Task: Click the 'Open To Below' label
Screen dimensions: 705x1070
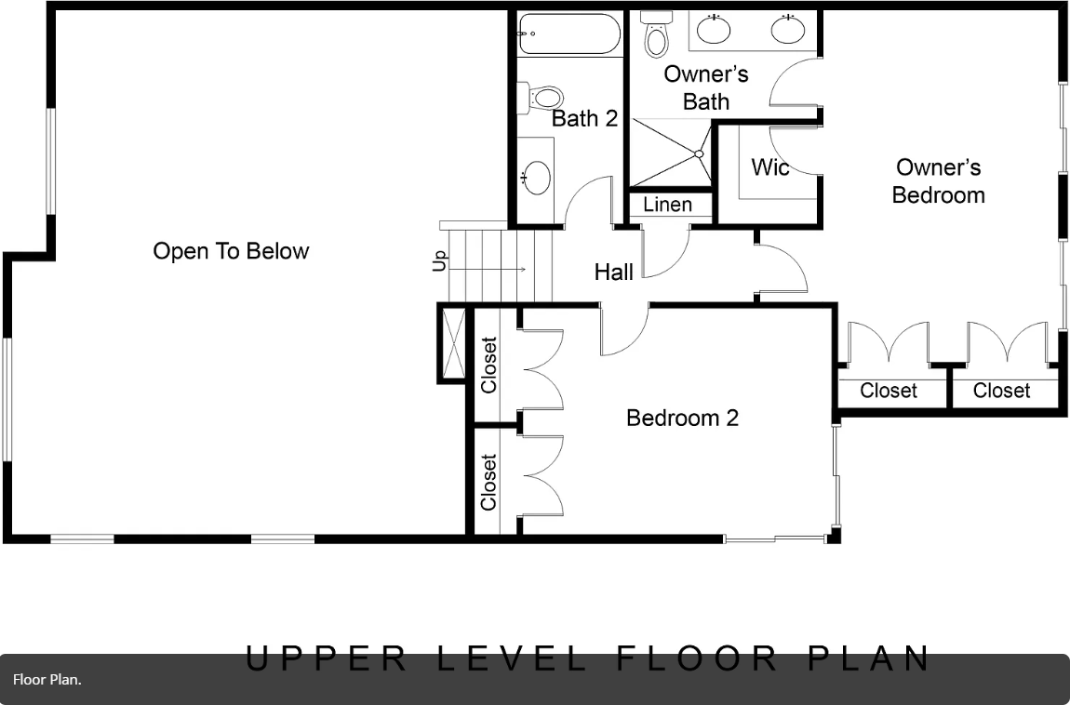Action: pos(231,251)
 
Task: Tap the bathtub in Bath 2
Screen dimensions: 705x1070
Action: pos(568,34)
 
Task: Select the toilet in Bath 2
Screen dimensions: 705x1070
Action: pos(544,97)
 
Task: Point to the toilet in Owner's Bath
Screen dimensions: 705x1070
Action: pos(657,35)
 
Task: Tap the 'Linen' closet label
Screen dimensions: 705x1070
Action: pos(667,205)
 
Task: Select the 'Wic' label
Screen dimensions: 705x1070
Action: pos(770,167)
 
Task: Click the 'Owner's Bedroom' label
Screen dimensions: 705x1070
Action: pos(938,180)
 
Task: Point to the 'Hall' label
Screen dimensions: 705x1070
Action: pos(614,272)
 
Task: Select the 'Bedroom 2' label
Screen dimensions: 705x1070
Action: pos(682,418)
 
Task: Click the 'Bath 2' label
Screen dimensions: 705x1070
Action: pos(584,118)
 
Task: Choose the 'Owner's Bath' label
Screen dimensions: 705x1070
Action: pos(706,86)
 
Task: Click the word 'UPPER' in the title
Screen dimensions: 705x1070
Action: pos(327,658)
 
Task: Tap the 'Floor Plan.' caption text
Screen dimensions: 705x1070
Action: pos(47,680)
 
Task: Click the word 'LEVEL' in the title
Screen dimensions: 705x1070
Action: pos(513,658)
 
